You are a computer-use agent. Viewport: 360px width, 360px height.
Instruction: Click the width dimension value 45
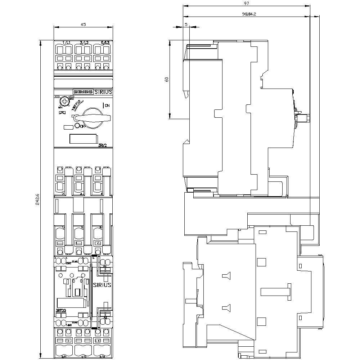pyautogui.click(x=83, y=24)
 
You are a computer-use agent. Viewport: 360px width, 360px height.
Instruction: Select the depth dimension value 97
pyautogui.click(x=246, y=3)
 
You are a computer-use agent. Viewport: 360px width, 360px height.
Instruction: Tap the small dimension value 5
pyautogui.click(x=186, y=24)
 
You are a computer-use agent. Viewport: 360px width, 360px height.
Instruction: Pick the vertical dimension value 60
pyautogui.click(x=166, y=80)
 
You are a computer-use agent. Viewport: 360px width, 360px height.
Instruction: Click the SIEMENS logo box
pyautogui.click(x=83, y=92)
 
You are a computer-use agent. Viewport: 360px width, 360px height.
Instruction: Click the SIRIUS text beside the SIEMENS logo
pyautogui.click(x=103, y=92)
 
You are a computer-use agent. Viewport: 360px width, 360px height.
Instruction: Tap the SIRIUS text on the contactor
pyautogui.click(x=102, y=284)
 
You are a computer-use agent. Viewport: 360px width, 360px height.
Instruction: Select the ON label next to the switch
pyautogui.click(x=107, y=105)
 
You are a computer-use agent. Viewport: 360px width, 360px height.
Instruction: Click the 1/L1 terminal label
pyautogui.click(x=66, y=43)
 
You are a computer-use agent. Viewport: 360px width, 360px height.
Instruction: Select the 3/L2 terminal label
pyautogui.click(x=84, y=43)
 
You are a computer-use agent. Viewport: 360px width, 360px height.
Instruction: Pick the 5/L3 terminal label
pyautogui.click(x=105, y=43)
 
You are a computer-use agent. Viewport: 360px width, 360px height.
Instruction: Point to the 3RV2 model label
pyautogui.click(x=103, y=145)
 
